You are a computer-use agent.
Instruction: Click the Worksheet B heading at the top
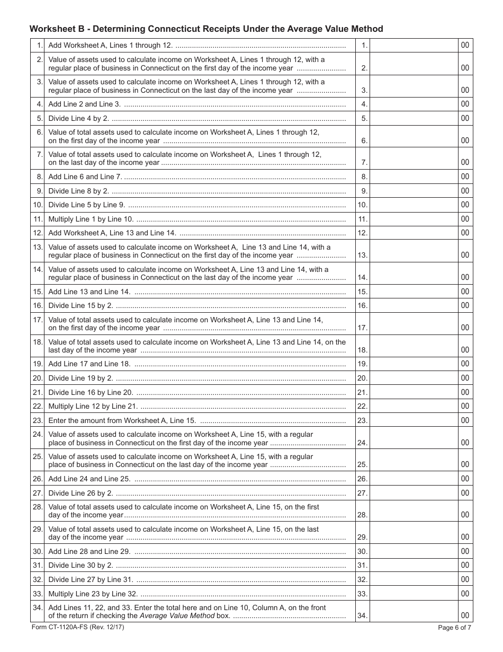click(206, 29)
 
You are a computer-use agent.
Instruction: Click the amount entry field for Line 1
click(414, 46)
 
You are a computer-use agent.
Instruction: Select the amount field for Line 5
click(414, 118)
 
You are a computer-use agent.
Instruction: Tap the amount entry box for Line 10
click(414, 205)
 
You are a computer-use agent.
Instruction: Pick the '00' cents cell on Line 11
click(465, 219)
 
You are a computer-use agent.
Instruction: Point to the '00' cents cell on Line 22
click(465, 407)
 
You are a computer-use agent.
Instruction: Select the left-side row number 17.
click(38, 320)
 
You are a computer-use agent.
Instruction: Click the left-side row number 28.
click(38, 507)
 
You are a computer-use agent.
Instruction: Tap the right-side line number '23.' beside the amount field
click(362, 420)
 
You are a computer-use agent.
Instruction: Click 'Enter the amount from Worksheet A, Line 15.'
click(122, 420)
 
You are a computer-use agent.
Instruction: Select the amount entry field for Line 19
click(414, 364)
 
